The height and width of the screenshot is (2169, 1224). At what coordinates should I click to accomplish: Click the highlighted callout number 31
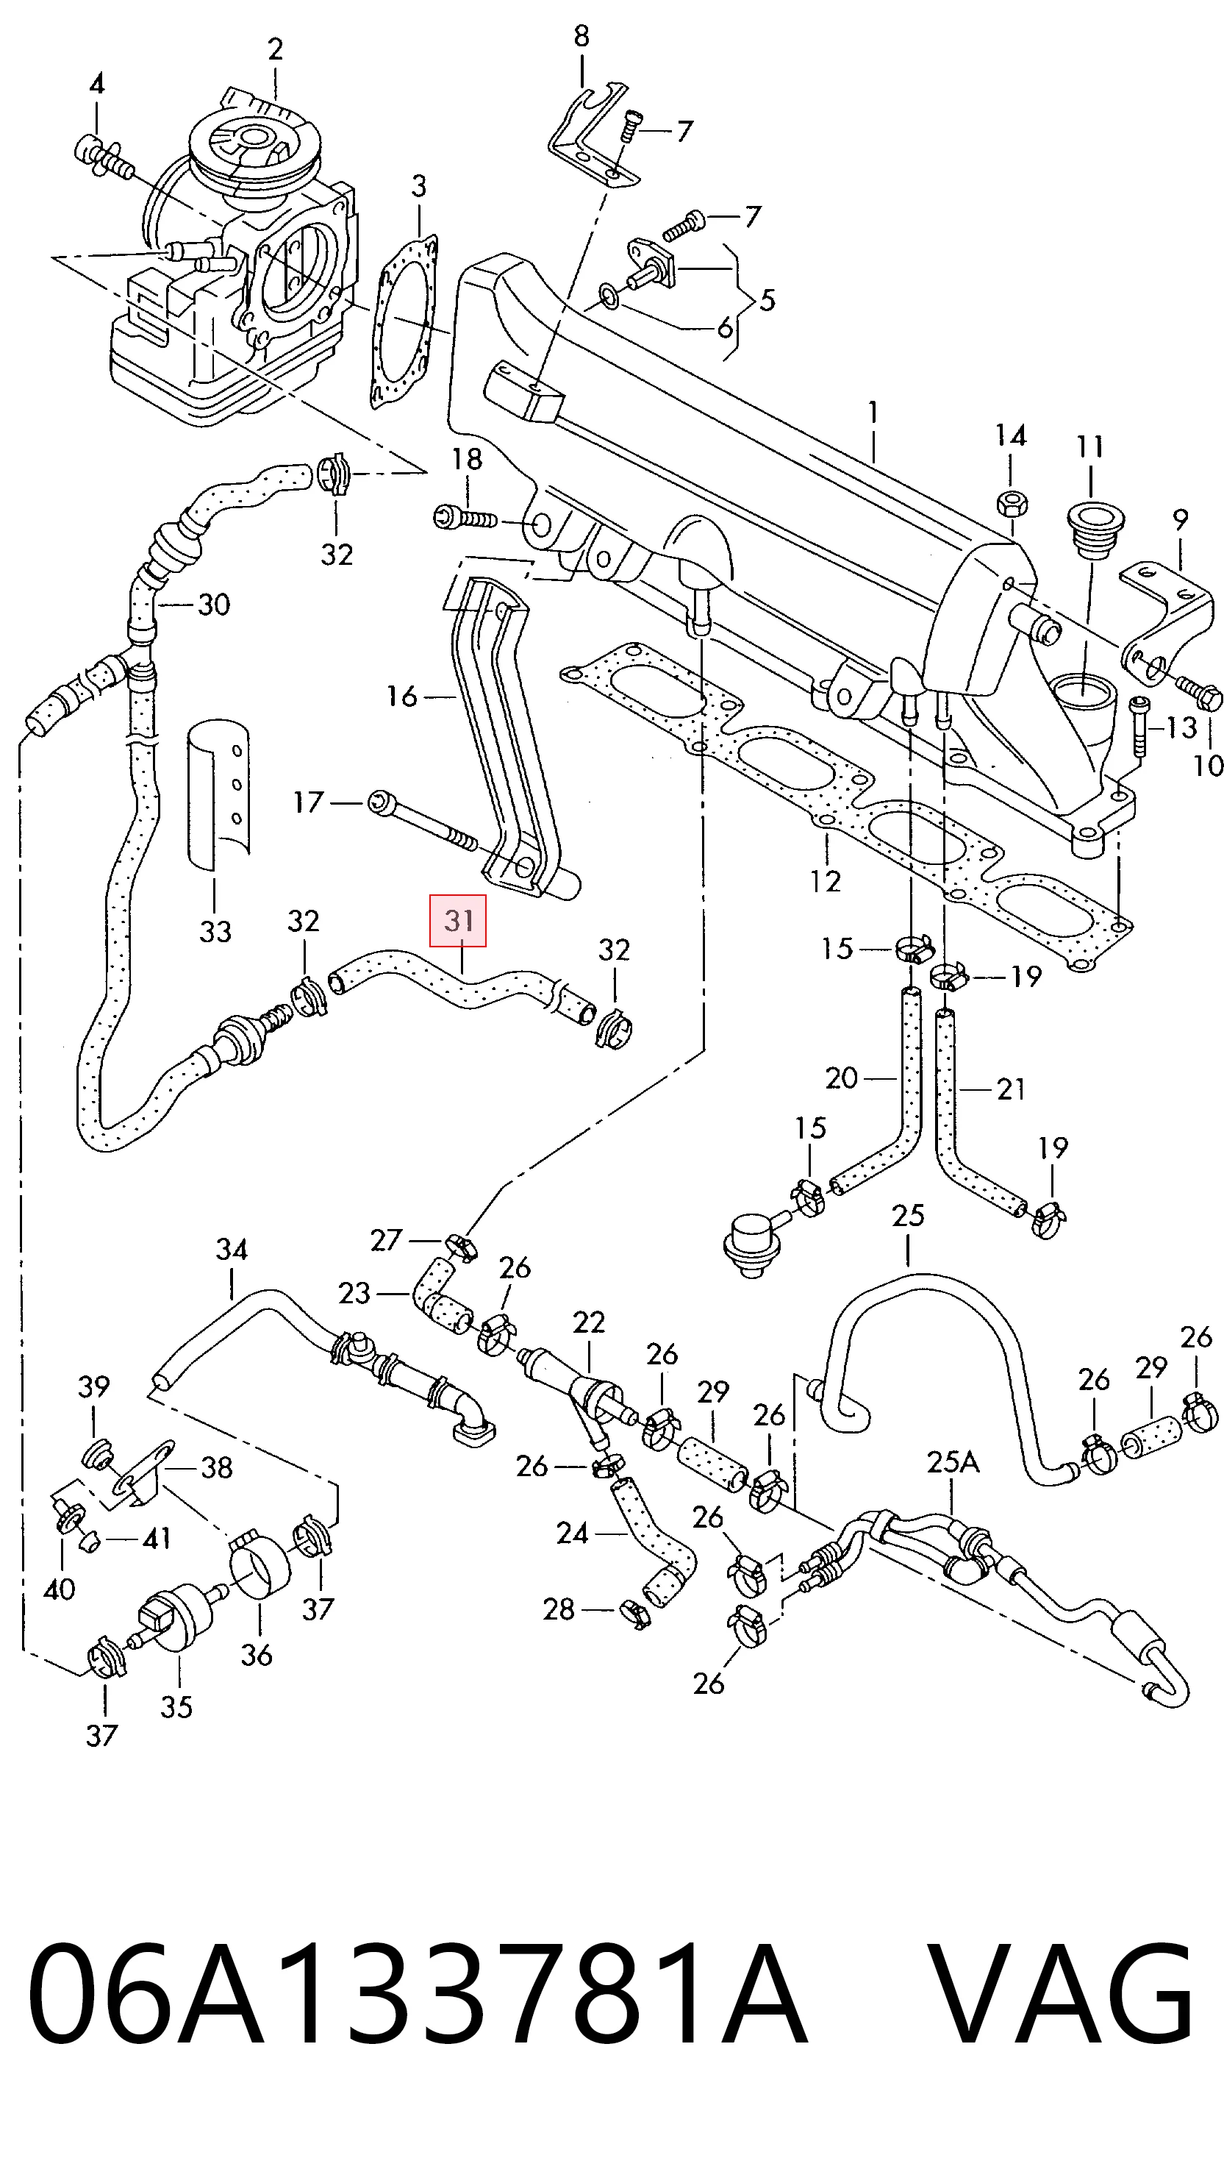pos(459,920)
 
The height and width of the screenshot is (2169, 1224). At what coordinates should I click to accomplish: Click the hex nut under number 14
pos(1009,504)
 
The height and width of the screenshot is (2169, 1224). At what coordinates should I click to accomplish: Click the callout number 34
pos(232,1249)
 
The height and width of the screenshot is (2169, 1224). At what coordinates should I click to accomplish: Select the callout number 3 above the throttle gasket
pos(419,186)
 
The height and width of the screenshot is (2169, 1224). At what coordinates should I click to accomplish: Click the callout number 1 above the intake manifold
pos(874,413)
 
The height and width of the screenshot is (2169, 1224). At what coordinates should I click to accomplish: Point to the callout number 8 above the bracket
pos(581,36)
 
